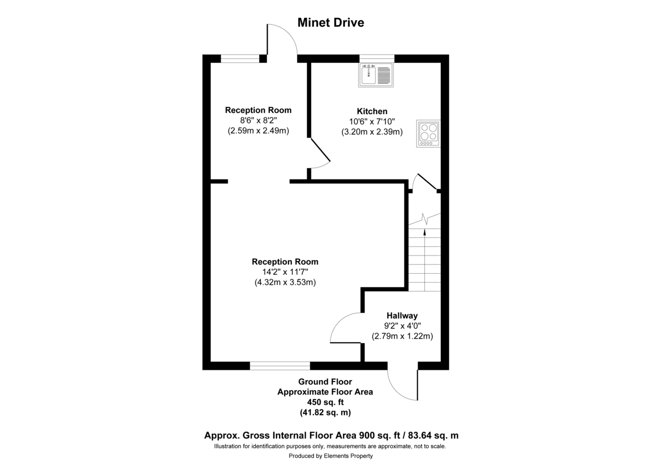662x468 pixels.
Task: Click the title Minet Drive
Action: click(x=330, y=23)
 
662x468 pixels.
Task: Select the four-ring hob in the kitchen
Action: click(x=428, y=134)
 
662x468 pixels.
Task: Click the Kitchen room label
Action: click(x=372, y=111)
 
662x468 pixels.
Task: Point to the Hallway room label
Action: click(x=402, y=315)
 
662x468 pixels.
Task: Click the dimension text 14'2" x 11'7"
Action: click(x=285, y=272)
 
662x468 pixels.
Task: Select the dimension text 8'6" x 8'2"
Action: click(x=258, y=120)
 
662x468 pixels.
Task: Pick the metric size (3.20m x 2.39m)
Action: click(x=372, y=132)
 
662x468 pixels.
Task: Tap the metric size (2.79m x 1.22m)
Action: click(x=402, y=336)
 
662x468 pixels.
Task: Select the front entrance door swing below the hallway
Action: click(x=403, y=382)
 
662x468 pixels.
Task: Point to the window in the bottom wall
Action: click(x=280, y=365)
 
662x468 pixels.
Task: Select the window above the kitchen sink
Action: click(x=377, y=58)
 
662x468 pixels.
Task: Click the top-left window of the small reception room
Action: click(x=240, y=58)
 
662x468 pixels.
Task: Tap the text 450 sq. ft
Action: click(x=324, y=402)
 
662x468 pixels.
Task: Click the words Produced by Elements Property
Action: click(x=330, y=456)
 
